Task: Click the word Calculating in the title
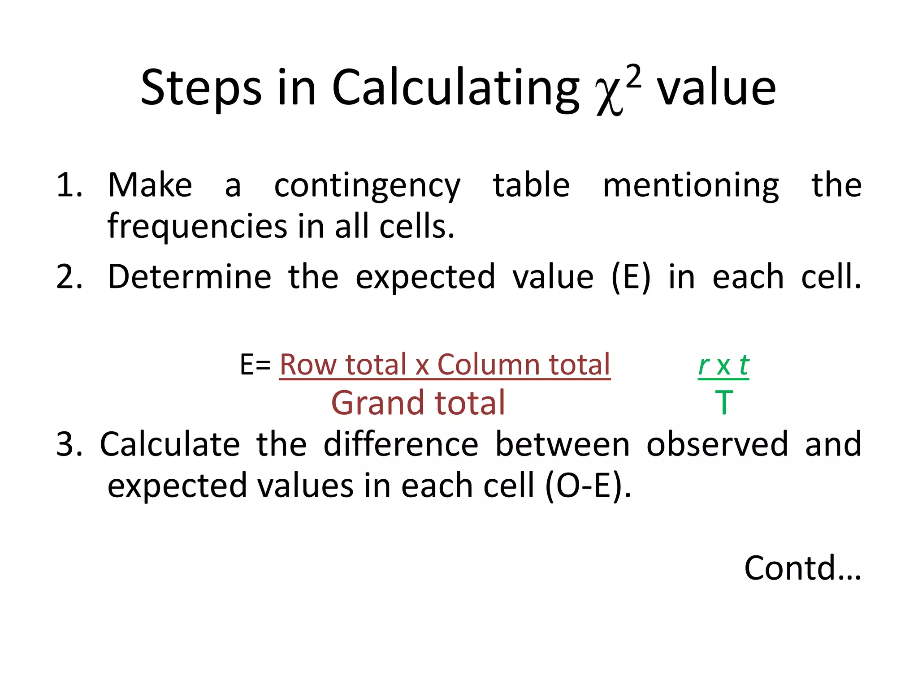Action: click(455, 88)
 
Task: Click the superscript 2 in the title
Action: click(633, 77)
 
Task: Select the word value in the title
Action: click(716, 88)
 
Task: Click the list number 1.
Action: click(69, 185)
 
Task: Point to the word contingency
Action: click(367, 186)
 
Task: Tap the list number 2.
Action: click(69, 277)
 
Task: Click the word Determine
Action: click(190, 277)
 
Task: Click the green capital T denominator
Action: click(724, 403)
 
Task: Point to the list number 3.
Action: click(69, 444)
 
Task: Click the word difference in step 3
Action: click(401, 444)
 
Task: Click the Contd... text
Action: click(802, 568)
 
